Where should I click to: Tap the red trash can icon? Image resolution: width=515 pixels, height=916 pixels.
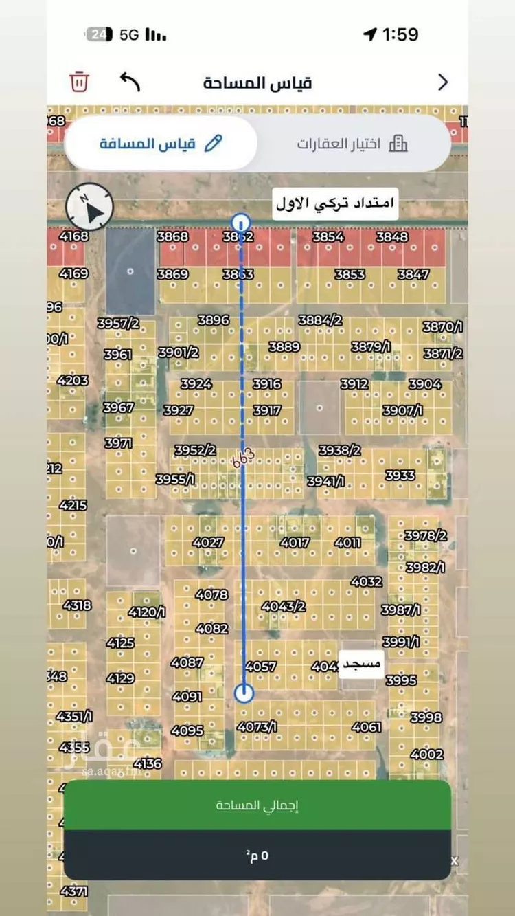(x=79, y=82)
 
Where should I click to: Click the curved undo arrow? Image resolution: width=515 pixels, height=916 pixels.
(x=130, y=81)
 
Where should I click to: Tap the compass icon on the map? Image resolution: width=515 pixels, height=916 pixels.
(x=89, y=206)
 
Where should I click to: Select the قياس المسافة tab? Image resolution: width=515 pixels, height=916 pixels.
(x=161, y=144)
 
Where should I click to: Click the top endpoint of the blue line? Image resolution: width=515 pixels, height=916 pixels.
(x=241, y=223)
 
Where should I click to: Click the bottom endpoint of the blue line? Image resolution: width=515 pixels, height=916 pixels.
(x=244, y=693)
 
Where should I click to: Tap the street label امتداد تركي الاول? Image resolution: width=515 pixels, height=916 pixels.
(x=336, y=203)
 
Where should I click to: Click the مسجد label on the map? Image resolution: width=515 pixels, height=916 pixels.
(x=362, y=665)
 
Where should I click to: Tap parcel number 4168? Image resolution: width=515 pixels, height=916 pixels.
(x=74, y=236)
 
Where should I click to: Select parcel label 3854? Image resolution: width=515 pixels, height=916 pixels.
(x=328, y=236)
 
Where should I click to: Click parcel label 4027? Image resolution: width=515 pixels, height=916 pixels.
(x=208, y=542)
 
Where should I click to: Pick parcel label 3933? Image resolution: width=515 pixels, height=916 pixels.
(x=400, y=475)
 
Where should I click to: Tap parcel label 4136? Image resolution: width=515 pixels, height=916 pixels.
(x=148, y=763)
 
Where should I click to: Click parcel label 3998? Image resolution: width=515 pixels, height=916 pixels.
(x=426, y=717)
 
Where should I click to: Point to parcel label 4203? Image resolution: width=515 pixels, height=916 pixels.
(x=73, y=380)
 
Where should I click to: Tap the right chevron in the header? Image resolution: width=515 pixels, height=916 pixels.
(x=443, y=82)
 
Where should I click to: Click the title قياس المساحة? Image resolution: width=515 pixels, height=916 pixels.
(x=257, y=82)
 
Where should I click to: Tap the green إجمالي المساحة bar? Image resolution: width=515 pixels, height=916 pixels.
(x=257, y=805)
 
